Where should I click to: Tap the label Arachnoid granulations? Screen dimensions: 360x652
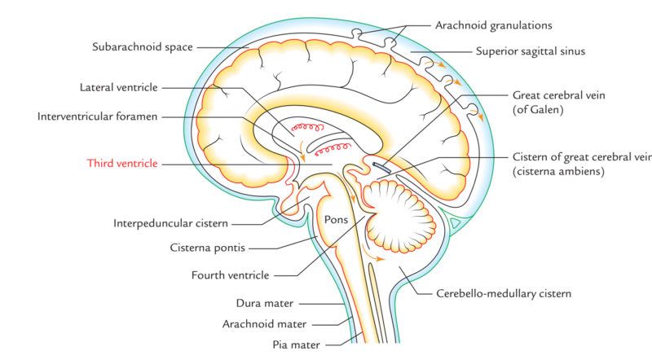483,25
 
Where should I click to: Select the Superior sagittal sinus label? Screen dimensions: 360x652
531,51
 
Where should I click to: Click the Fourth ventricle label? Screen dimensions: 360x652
241,275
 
